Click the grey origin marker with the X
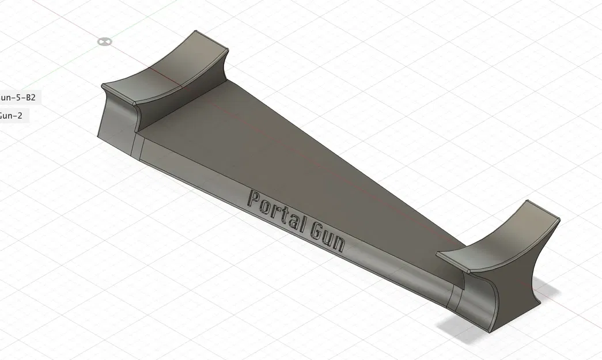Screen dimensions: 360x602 click(x=104, y=41)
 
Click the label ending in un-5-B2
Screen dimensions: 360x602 click(x=21, y=97)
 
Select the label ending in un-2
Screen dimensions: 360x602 click(x=11, y=115)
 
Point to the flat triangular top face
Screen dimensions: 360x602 click(x=277, y=156)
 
